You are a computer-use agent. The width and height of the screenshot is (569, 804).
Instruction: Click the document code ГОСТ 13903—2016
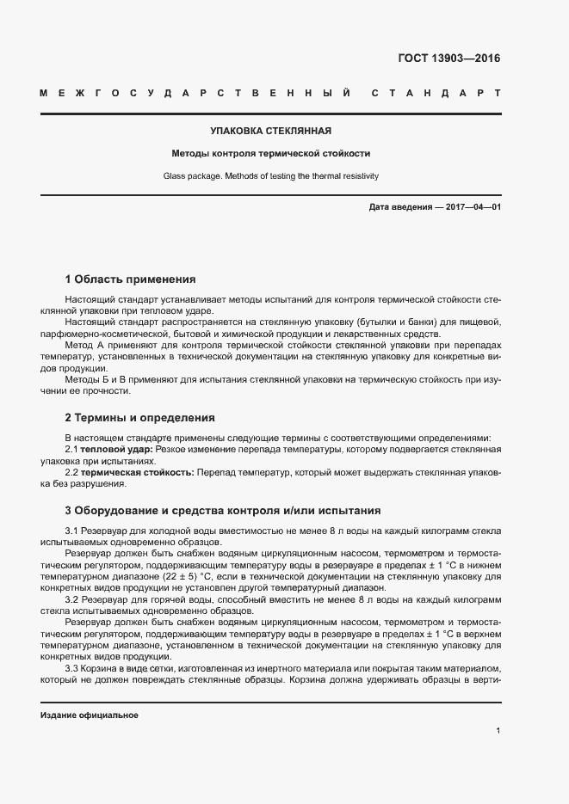(448, 58)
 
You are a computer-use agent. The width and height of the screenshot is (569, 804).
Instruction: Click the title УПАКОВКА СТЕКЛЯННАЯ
(271, 132)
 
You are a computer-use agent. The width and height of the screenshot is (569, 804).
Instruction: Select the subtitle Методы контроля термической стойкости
(271, 154)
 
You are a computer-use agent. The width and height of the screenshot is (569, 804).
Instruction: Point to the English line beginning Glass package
(271, 176)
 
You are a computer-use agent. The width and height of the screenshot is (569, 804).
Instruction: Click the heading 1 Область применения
(131, 279)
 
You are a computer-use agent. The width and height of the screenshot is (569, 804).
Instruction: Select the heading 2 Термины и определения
(139, 418)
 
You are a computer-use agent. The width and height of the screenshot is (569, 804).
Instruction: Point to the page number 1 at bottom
(498, 731)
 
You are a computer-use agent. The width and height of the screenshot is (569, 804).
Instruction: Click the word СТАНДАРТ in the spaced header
(436, 92)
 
